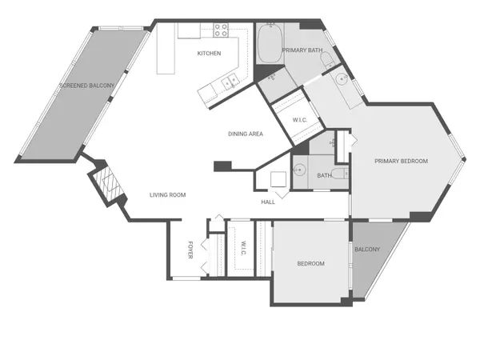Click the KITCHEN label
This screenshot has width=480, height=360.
pos(210,54)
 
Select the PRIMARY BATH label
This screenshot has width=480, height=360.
pos(302,50)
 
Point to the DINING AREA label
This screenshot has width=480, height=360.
pos(246,134)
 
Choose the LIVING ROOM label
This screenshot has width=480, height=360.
pos(168,194)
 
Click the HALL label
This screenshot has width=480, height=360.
pos(268,202)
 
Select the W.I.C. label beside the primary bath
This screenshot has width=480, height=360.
pos(300,120)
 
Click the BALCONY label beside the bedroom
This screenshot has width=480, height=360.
pos(367,249)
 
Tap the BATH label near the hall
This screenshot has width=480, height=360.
pos(324,175)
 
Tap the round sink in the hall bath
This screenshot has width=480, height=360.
pos(301,170)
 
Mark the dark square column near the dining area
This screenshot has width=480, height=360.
pos(222,166)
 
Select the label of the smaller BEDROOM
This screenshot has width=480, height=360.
pos(310,263)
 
